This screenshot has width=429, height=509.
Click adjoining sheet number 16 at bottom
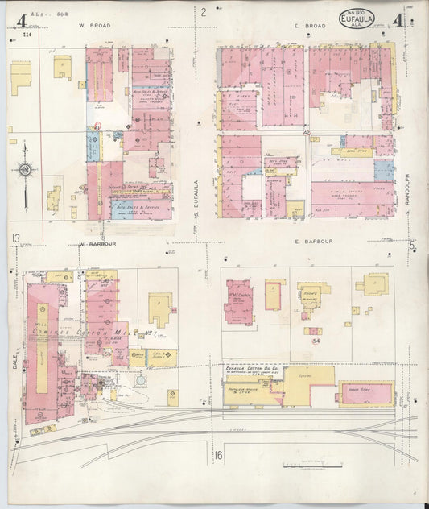pos(218,457)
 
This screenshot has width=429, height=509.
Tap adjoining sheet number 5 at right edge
pos(411,246)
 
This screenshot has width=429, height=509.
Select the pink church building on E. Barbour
pos(239,302)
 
